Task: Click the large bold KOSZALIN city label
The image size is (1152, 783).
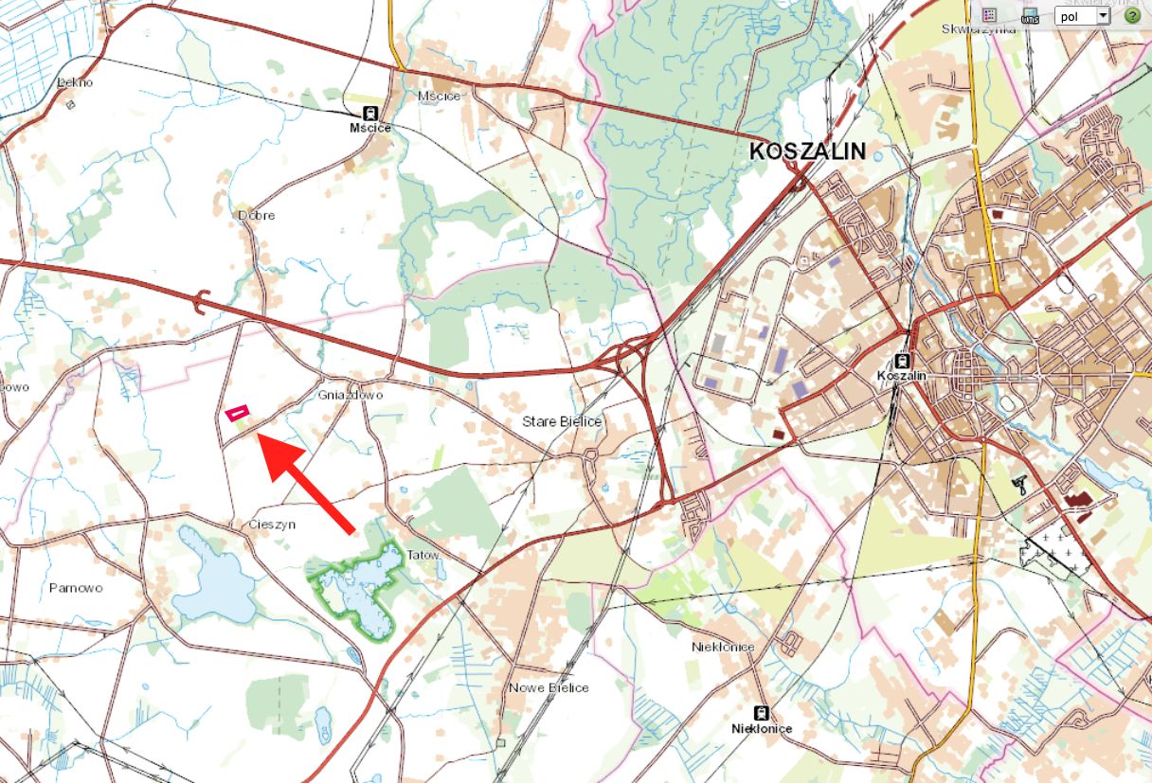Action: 807,151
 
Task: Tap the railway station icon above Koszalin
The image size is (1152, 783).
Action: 903,360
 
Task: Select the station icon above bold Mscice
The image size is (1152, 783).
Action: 369,113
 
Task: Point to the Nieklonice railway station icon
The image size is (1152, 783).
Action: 760,713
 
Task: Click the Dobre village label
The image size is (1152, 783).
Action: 257,215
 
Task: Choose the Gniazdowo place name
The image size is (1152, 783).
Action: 351,394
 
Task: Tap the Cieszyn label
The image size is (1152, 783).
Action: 272,524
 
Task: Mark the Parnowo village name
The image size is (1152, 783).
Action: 76,587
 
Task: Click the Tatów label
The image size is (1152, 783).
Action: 423,555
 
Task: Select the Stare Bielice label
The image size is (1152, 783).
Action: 562,421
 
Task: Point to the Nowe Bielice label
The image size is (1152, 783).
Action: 549,687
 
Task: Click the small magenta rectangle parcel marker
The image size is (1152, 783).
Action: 237,413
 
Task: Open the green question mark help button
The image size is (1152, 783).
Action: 1131,15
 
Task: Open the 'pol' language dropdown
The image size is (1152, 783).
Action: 1082,15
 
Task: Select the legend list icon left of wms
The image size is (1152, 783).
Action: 989,15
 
